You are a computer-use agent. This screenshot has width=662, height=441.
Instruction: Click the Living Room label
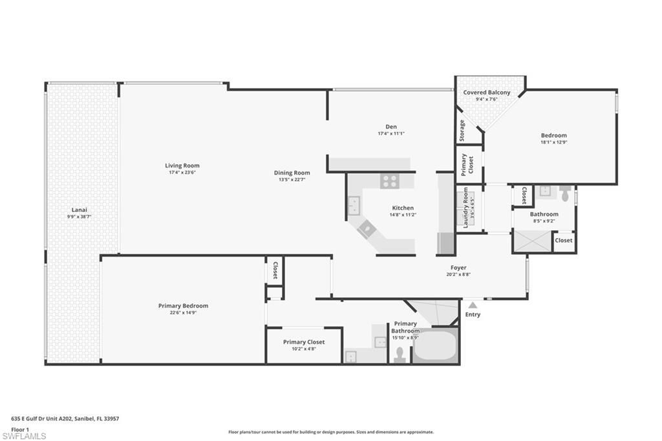182,166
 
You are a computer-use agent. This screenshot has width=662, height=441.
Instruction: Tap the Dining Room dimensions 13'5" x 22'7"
292,179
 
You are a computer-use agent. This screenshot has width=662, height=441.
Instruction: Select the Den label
391,127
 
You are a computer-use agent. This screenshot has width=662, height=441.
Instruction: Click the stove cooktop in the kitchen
389,181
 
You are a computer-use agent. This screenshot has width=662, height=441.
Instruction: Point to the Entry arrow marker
473,305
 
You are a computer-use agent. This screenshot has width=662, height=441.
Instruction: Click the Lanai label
80,210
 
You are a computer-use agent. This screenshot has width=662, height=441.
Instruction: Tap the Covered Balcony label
486,92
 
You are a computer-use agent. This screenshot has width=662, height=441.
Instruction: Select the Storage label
462,131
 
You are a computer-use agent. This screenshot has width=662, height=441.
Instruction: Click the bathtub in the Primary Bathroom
435,347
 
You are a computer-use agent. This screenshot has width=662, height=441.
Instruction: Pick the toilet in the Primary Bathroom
400,354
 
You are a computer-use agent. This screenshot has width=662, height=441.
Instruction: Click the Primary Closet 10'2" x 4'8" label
304,342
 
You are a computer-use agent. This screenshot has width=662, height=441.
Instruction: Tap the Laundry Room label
465,208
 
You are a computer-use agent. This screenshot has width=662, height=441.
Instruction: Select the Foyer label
458,268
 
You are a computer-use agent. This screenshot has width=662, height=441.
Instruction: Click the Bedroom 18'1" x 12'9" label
553,136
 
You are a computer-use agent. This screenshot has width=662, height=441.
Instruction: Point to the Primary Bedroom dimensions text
183,313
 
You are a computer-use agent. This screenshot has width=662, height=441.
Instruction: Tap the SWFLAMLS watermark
23,436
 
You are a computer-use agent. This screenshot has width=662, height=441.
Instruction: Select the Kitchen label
402,208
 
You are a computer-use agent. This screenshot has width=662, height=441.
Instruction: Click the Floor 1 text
20,429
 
